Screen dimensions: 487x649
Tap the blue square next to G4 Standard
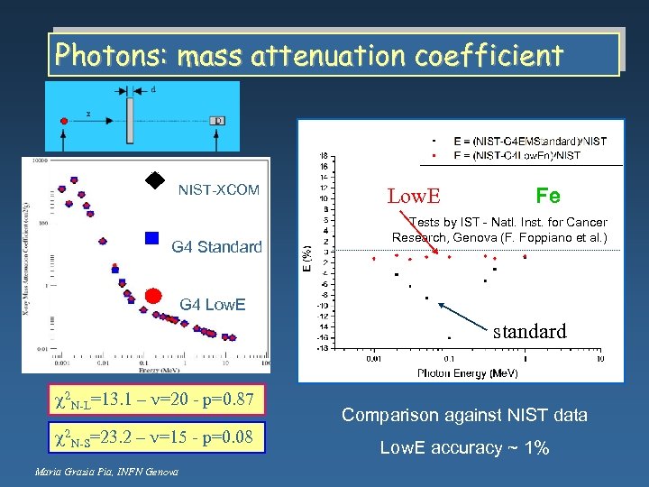(152, 239)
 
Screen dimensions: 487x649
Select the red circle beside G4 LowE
(153, 296)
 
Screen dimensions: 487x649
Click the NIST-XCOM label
(218, 190)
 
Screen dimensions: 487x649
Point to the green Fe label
(548, 196)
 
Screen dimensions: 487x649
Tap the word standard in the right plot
(530, 331)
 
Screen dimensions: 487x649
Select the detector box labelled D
(217, 120)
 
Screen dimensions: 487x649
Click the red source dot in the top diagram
(63, 120)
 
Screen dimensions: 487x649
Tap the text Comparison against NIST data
(464, 416)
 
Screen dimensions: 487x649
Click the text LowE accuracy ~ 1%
(464, 448)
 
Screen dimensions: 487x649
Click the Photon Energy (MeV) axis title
(467, 372)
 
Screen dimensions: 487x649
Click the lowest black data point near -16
(449, 338)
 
